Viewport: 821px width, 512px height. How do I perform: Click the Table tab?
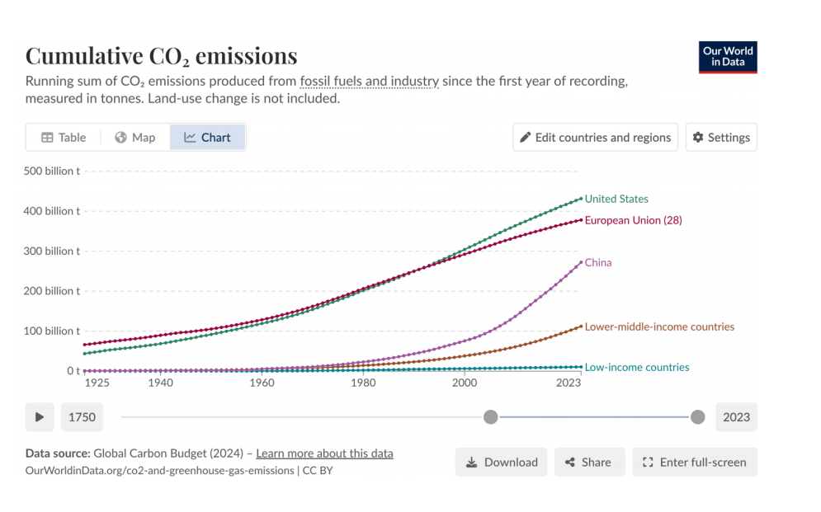[64, 138]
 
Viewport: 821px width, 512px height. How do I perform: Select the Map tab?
[134, 138]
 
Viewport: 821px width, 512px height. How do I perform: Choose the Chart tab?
[207, 138]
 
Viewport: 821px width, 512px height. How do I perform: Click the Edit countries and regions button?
[595, 138]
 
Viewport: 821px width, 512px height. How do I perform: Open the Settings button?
[721, 138]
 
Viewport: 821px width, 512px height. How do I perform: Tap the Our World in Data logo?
[728, 57]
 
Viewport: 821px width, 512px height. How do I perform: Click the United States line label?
[616, 199]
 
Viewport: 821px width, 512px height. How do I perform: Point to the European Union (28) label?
[633, 220]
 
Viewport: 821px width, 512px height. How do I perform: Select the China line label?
[598, 263]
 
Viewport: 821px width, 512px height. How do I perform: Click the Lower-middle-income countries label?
[659, 326]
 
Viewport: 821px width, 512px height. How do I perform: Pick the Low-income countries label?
[637, 368]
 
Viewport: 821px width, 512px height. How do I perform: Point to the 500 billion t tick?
[52, 171]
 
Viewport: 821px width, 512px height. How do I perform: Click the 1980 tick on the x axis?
[363, 383]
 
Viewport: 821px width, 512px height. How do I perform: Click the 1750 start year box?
[82, 417]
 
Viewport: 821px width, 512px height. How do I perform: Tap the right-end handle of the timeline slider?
[697, 417]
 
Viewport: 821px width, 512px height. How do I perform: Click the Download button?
[502, 463]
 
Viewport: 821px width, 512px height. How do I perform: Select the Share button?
[587, 463]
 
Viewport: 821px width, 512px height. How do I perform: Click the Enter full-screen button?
[694, 463]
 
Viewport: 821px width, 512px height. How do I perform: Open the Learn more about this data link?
[324, 453]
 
